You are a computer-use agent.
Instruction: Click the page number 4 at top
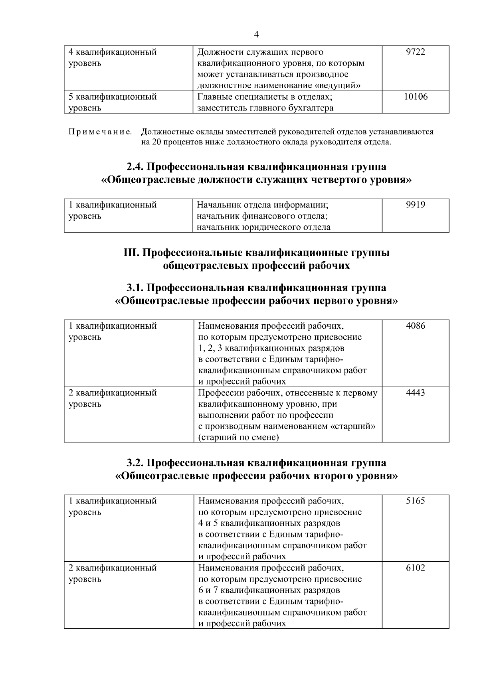[x=256, y=35]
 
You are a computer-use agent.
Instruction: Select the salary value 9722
[x=415, y=52]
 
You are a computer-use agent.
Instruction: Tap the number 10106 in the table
[x=415, y=97]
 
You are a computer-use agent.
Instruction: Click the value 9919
[x=415, y=205]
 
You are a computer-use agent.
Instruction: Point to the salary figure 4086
[x=415, y=326]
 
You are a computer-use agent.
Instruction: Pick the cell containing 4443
[x=415, y=393]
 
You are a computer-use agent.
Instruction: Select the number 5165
[x=415, y=501]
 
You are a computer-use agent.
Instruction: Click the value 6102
[x=415, y=568]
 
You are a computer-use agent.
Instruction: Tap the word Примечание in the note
[x=100, y=132]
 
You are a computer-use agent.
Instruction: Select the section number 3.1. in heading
[x=137, y=288]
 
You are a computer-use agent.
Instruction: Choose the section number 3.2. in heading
[x=137, y=463]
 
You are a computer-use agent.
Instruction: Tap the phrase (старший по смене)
[x=238, y=438]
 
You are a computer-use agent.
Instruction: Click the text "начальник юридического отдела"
[x=263, y=227]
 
